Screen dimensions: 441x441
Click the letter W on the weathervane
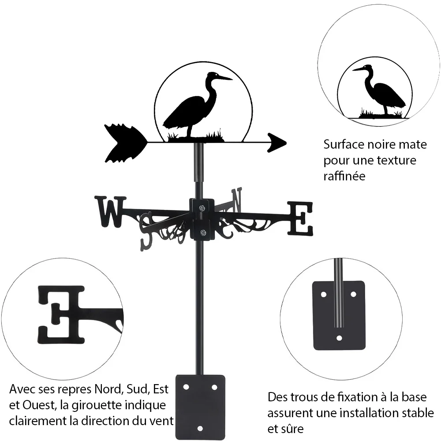coord(111,212)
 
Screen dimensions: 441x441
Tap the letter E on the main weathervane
coord(300,219)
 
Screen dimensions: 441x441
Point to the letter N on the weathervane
coord(236,200)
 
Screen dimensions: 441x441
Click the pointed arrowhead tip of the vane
coord(286,143)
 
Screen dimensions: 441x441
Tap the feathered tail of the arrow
coord(125,143)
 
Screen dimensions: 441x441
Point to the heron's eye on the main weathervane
coord(216,75)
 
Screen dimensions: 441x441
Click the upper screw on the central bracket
coord(202,208)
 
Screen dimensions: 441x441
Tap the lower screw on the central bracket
coord(202,232)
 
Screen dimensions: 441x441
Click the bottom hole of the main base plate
coord(200,429)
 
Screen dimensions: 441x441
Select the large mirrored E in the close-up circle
coord(61,315)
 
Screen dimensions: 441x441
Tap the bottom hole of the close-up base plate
coord(339,338)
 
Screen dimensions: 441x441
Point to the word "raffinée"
coord(344,176)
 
